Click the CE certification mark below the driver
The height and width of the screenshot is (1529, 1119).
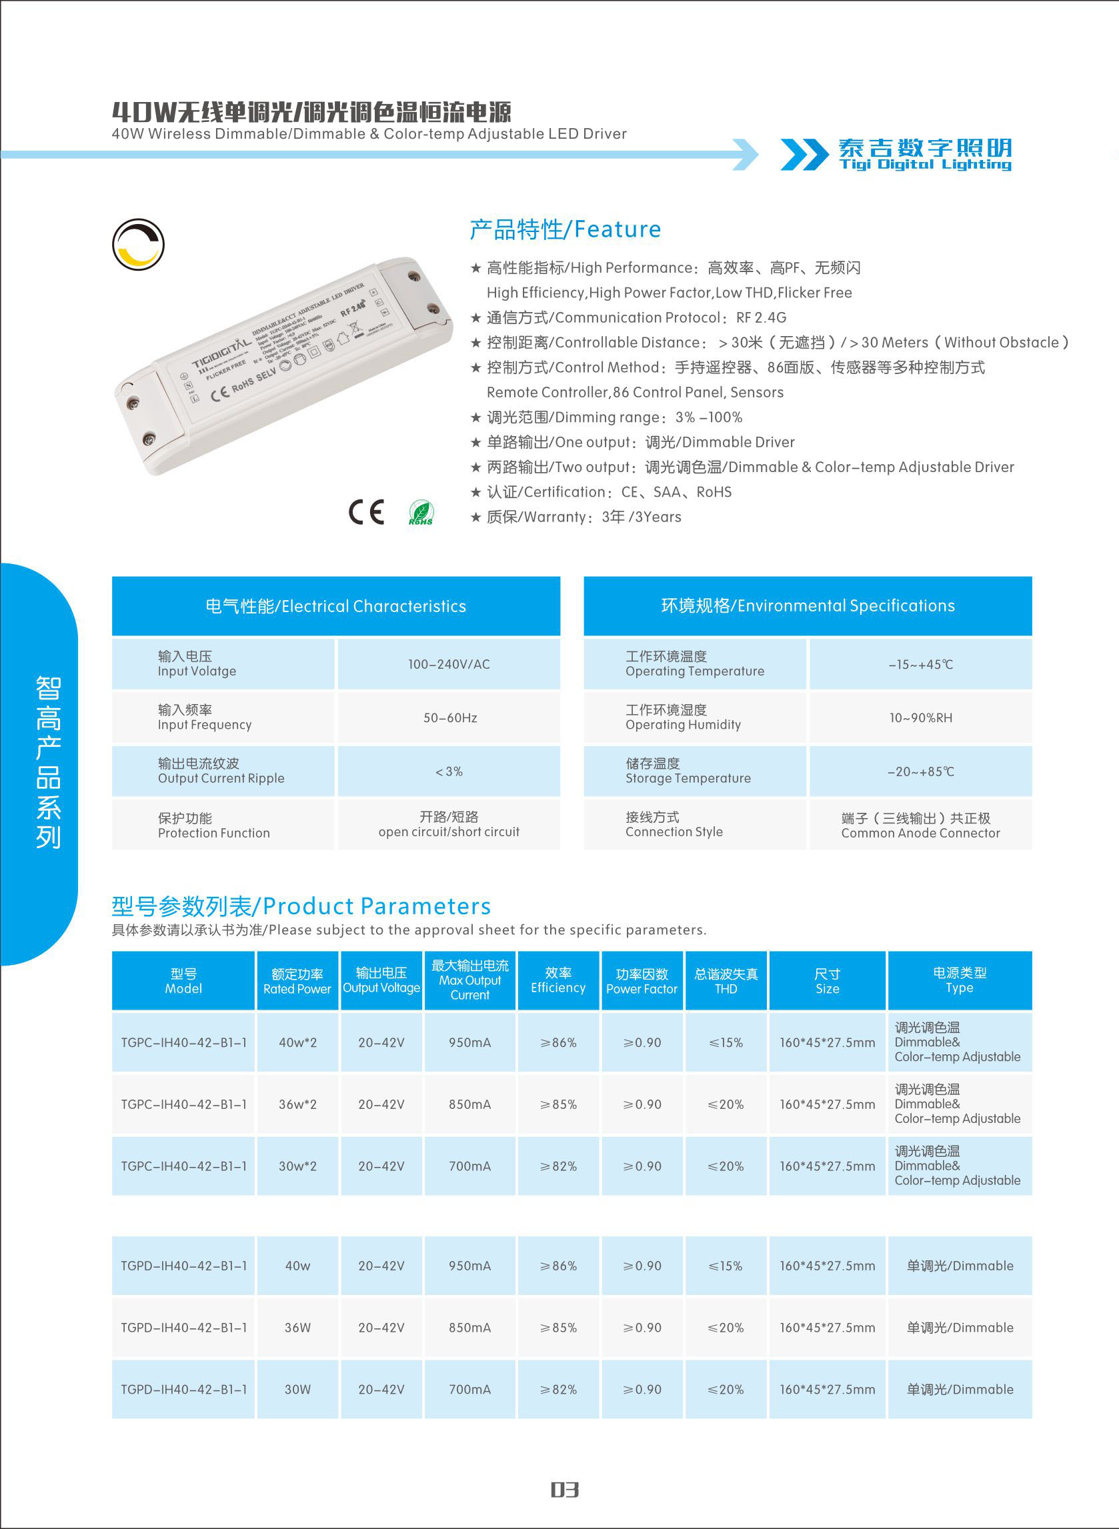(367, 512)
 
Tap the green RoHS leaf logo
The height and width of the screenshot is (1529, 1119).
(421, 513)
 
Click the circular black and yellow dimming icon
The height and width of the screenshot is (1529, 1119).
(138, 245)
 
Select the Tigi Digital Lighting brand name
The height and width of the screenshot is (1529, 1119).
(924, 155)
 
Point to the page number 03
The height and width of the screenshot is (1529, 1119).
(564, 1489)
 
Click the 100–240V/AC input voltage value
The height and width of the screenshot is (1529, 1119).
(448, 664)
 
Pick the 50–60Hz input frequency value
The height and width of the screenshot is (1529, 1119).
(449, 717)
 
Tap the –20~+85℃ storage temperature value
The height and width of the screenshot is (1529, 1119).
(920, 772)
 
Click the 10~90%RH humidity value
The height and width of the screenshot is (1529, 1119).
(920, 717)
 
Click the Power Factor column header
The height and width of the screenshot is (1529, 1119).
(642, 981)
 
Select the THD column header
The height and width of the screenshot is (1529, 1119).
(726, 981)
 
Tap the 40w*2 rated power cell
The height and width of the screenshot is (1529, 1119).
(297, 1043)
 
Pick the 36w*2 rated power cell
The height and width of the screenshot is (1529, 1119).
(297, 1104)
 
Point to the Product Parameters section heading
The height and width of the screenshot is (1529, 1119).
(301, 906)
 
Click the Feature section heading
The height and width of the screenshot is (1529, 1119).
(565, 229)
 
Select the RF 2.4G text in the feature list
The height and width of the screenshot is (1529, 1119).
(761, 317)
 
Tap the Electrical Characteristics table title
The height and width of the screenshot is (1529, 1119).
(335, 606)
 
